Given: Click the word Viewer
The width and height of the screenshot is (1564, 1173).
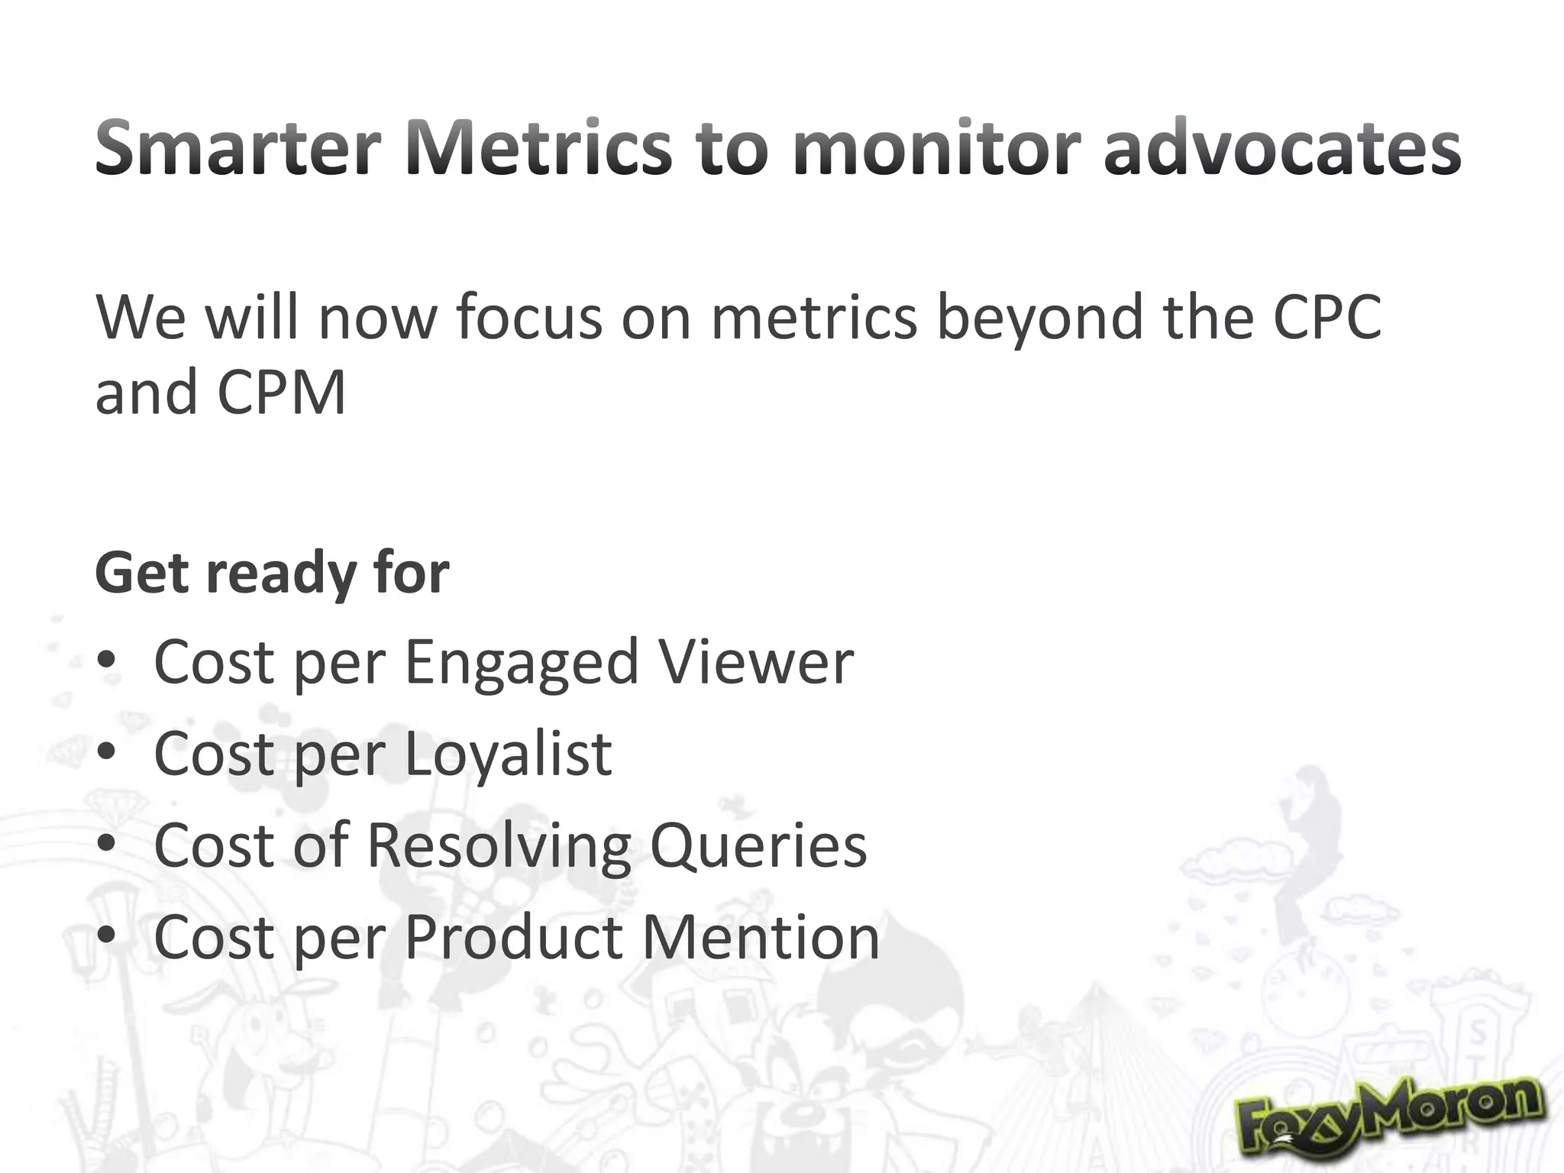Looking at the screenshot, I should [x=757, y=661].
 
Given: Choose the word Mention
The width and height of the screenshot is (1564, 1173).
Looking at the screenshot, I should [x=761, y=937].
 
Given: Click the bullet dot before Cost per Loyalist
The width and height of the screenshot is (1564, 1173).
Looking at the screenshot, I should [x=107, y=753].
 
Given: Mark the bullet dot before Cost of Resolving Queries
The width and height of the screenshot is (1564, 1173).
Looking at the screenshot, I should [x=107, y=845].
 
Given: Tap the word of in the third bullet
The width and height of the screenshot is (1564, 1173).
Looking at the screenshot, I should [x=321, y=845].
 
